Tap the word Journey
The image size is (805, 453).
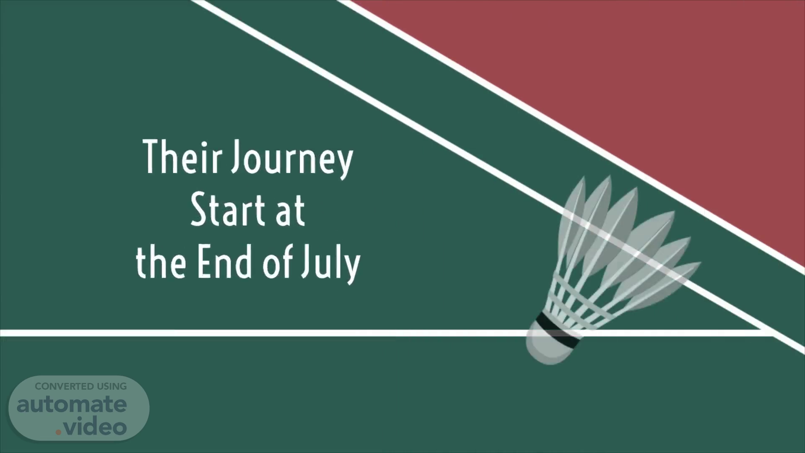click(293, 160)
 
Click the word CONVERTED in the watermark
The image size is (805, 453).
click(64, 386)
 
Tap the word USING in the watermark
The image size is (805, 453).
click(112, 386)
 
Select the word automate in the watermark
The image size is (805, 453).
click(72, 404)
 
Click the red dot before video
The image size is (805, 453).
click(59, 431)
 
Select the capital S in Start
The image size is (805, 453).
click(198, 210)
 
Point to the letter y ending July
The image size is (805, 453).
click(353, 268)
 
